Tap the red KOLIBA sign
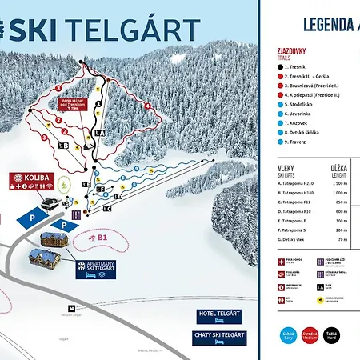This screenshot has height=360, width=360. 32,178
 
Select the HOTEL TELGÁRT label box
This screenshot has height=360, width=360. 220,315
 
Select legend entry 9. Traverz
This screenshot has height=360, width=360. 298,142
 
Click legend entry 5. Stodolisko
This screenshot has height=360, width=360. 302,104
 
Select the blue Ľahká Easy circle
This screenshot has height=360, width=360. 288,335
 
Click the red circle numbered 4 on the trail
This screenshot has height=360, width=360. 148,106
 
